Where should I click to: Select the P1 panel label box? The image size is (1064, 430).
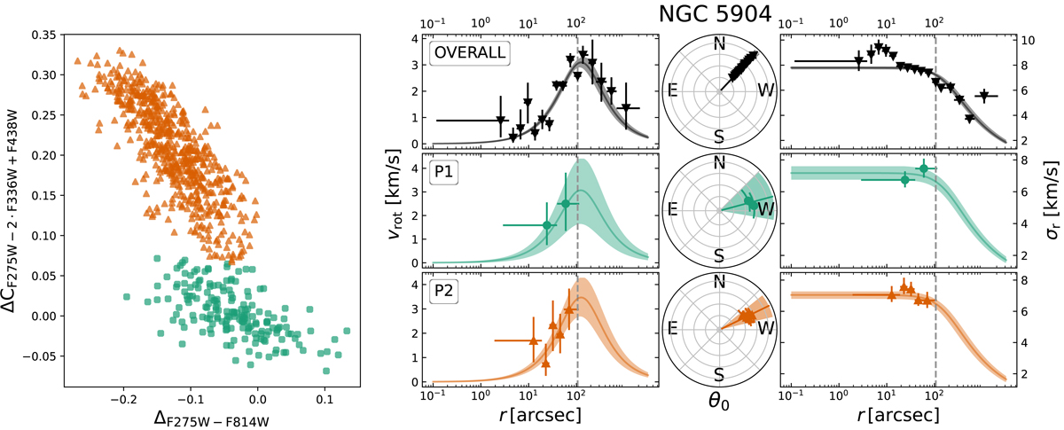[x=443, y=172]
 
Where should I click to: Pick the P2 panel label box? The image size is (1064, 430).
[x=443, y=292]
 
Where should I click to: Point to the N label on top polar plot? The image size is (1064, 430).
[x=719, y=44]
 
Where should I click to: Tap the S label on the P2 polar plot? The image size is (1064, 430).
[x=719, y=373]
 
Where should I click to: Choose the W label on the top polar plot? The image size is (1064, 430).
[x=764, y=90]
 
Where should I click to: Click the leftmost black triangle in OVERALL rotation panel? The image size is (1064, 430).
[x=501, y=120]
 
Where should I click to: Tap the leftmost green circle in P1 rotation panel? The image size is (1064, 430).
[x=546, y=225]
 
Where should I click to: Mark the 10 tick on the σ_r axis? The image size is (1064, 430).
[x=1024, y=41]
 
